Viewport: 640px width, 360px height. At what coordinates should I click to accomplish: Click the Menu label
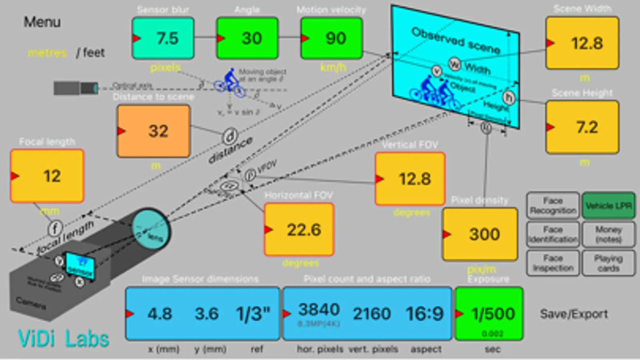[x=42, y=22]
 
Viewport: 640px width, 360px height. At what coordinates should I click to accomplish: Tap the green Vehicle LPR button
[x=608, y=206]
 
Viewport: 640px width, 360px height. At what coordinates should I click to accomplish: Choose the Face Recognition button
[x=553, y=206]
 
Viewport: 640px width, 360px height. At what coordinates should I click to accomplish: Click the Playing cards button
[x=608, y=263]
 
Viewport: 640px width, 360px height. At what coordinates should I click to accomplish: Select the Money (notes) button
[x=608, y=234]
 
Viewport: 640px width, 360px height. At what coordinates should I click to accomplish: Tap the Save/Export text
[x=574, y=314]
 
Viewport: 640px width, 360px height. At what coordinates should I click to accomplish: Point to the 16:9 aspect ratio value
[x=425, y=314]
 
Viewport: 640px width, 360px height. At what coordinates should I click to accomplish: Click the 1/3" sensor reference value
[x=253, y=314]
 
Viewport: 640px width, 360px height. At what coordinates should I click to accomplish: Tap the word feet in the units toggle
[x=94, y=52]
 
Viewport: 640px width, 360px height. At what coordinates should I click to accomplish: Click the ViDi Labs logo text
[x=64, y=339]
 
